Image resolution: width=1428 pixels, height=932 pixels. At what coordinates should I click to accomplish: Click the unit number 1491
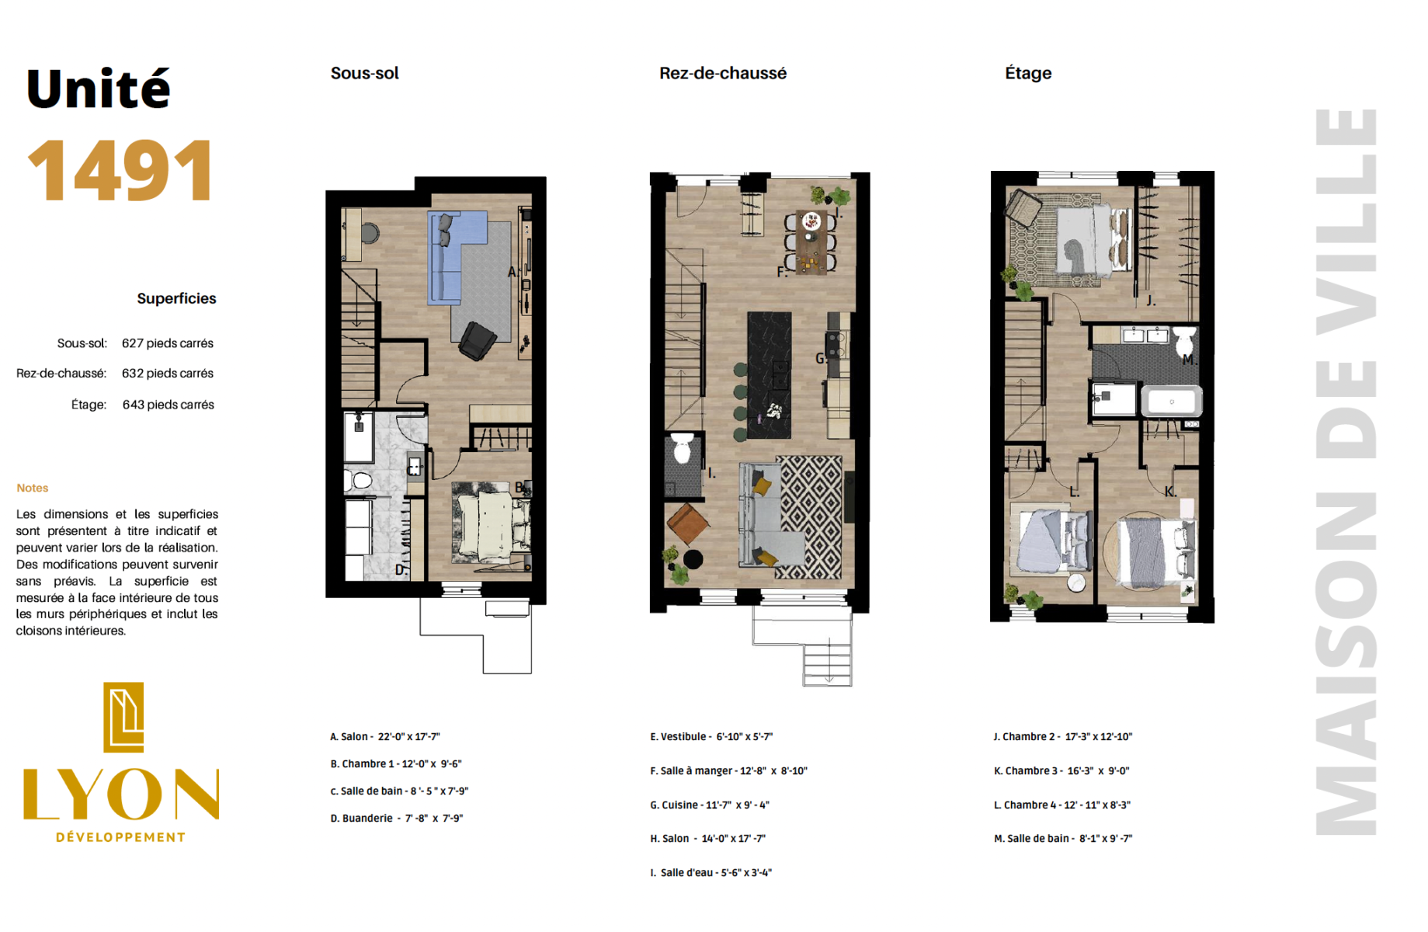pyautogui.click(x=120, y=170)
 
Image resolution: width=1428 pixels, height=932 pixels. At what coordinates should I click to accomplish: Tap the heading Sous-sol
pyautogui.click(x=364, y=73)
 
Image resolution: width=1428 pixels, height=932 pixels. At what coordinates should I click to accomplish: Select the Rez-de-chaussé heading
pyautogui.click(x=723, y=73)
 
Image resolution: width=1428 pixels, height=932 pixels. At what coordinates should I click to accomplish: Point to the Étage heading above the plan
pyautogui.click(x=1028, y=73)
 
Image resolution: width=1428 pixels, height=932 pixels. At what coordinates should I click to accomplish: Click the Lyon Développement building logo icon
pyautogui.click(x=123, y=718)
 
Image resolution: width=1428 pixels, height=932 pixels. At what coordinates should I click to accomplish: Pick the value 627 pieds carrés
pyautogui.click(x=168, y=343)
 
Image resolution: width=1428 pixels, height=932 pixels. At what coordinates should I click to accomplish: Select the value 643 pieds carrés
pyautogui.click(x=169, y=405)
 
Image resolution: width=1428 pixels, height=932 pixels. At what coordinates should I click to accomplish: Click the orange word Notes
pyautogui.click(x=33, y=488)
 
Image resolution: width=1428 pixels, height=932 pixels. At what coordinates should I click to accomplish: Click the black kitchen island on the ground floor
pyautogui.click(x=770, y=375)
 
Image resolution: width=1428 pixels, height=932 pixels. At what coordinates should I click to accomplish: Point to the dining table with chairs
pyautogui.click(x=811, y=242)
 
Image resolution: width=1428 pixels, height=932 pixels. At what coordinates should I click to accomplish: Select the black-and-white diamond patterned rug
pyautogui.click(x=809, y=516)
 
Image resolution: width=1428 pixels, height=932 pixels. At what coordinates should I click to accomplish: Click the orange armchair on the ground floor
pyautogui.click(x=687, y=523)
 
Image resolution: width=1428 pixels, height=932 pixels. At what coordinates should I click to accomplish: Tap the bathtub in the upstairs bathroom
pyautogui.click(x=1172, y=401)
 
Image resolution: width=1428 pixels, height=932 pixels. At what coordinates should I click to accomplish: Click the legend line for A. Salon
pyautogui.click(x=385, y=736)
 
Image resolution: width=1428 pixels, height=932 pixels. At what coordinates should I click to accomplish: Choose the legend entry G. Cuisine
pyautogui.click(x=710, y=805)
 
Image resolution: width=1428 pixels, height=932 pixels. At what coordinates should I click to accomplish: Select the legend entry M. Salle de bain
pyautogui.click(x=1063, y=838)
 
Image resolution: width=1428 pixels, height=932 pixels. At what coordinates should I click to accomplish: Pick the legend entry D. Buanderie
pyautogui.click(x=397, y=818)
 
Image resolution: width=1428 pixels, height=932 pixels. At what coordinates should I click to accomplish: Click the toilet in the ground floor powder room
pyautogui.click(x=682, y=448)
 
